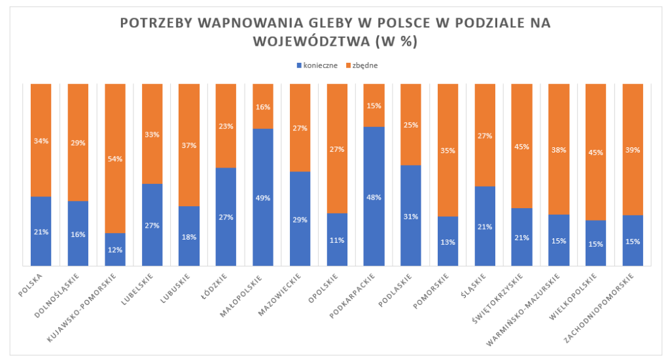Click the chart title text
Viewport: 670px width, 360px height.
[x=336, y=31]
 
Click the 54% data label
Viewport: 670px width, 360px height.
[x=115, y=159]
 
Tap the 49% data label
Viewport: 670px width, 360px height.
[x=262, y=198]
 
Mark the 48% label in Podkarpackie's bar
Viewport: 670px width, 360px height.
[x=374, y=197]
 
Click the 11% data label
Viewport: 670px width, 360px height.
[x=336, y=240]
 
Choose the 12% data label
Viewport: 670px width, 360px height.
[x=115, y=250]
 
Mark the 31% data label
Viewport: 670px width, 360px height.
[x=410, y=217]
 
